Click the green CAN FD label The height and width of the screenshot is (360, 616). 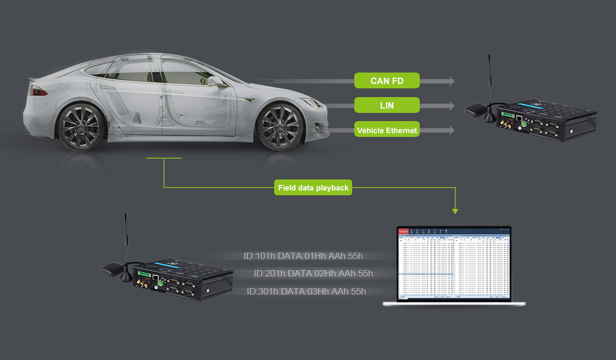tap(386, 81)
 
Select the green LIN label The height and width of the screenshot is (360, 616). tap(386, 105)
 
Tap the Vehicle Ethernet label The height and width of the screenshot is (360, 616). tap(386, 130)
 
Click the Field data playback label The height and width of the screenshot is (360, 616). tap(313, 188)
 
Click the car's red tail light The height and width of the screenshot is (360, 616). tap(39, 91)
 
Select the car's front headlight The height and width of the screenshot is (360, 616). tap(311, 102)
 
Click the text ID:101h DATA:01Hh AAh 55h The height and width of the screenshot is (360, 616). tap(303, 256)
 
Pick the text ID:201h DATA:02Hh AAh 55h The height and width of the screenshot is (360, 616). tap(313, 273)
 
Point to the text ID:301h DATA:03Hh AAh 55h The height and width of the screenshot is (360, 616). tap(306, 291)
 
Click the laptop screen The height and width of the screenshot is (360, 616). tap(455, 264)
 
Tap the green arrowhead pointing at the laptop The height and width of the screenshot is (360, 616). tap(455, 211)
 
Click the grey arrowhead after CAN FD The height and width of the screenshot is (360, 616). tap(451, 81)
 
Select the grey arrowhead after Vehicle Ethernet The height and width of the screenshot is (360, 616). tap(451, 130)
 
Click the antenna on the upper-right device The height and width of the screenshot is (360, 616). tap(489, 82)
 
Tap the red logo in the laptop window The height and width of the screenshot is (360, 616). tap(404, 231)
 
